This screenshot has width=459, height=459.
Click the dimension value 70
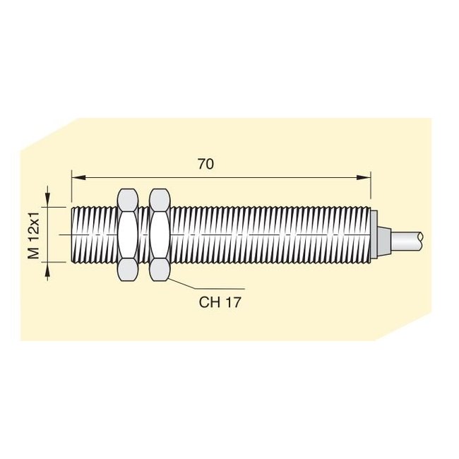click(x=205, y=164)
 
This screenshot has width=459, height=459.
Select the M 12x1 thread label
click(x=33, y=234)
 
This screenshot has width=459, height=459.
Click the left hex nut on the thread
click(x=128, y=234)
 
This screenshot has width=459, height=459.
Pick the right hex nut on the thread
click(x=160, y=234)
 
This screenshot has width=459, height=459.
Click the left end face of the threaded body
click(x=73, y=234)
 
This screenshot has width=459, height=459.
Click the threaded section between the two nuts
click(x=144, y=234)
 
